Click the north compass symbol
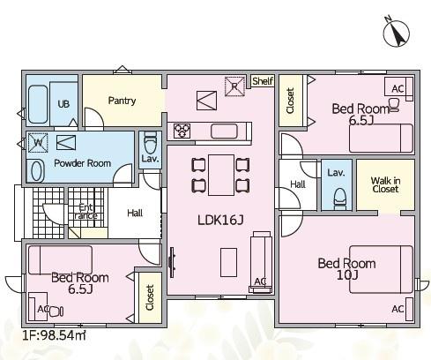click(x=397, y=33)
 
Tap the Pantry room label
click(x=122, y=101)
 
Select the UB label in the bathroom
click(x=63, y=104)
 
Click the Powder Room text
click(x=83, y=163)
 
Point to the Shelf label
click(x=263, y=81)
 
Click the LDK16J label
click(x=220, y=220)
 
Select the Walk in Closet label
click(x=385, y=184)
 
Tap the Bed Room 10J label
click(x=346, y=269)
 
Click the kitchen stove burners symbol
click(x=182, y=131)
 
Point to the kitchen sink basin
click(x=224, y=131)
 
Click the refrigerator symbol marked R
click(x=234, y=86)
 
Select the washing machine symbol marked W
click(x=38, y=143)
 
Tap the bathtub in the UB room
click(x=38, y=104)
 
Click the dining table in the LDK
click(x=221, y=175)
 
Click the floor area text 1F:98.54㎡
click(x=55, y=335)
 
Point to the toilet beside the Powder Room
click(x=151, y=143)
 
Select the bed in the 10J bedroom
click(x=381, y=269)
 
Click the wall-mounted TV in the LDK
click(x=172, y=262)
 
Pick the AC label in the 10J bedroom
click(x=398, y=309)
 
